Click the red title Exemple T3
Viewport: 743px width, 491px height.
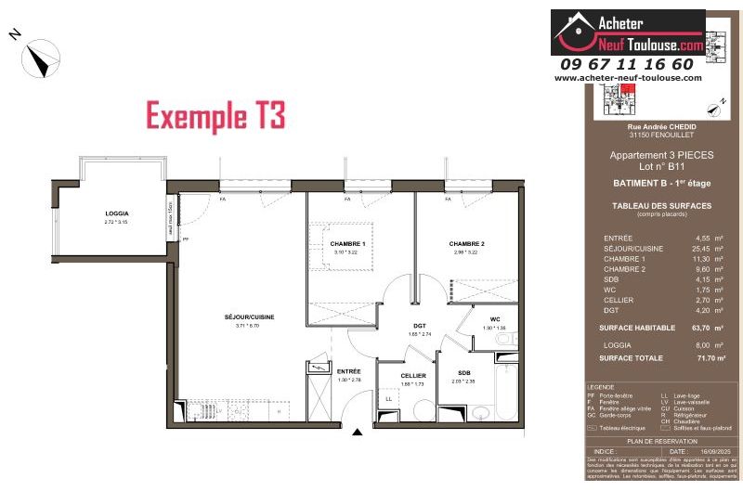pyautogui.click(x=215, y=116)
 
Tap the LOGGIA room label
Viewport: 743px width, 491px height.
pyautogui.click(x=117, y=213)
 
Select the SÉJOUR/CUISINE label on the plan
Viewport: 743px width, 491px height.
pyautogui.click(x=249, y=317)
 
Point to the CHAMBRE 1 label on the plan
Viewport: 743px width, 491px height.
pyautogui.click(x=348, y=243)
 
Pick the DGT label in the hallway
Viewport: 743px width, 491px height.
pyautogui.click(x=419, y=326)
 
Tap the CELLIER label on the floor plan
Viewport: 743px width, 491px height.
pyautogui.click(x=413, y=375)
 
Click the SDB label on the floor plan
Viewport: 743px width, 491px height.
pyautogui.click(x=463, y=372)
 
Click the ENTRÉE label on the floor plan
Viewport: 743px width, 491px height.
pyautogui.click(x=349, y=371)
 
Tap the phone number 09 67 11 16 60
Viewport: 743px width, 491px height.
pyautogui.click(x=627, y=64)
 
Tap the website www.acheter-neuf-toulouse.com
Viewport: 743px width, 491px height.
pyautogui.click(x=628, y=78)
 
